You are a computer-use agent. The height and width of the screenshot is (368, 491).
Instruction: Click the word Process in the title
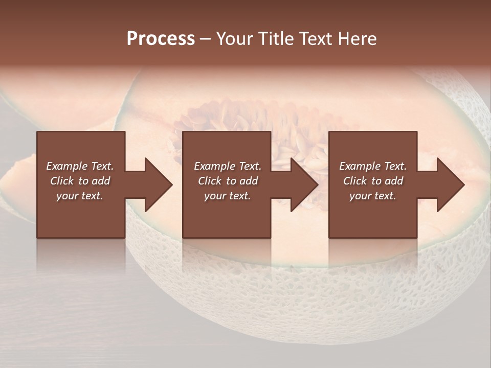click(x=161, y=39)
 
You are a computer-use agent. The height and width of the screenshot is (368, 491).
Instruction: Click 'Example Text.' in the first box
click(x=80, y=166)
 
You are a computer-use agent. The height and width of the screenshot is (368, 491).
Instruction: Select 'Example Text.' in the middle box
click(x=228, y=166)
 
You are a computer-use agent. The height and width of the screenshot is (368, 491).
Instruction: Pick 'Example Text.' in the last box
click(x=373, y=166)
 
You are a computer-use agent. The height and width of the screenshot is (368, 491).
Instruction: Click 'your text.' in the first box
click(x=80, y=196)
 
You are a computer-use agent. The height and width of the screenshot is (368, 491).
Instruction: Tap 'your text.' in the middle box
click(x=228, y=196)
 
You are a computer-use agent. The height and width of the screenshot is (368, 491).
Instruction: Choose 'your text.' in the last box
click(x=373, y=196)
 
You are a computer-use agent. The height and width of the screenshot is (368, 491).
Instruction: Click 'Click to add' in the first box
click(x=80, y=181)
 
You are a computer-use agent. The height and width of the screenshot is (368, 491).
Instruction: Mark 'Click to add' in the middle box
click(x=228, y=181)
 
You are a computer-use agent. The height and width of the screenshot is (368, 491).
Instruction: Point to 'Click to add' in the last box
click(x=373, y=181)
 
